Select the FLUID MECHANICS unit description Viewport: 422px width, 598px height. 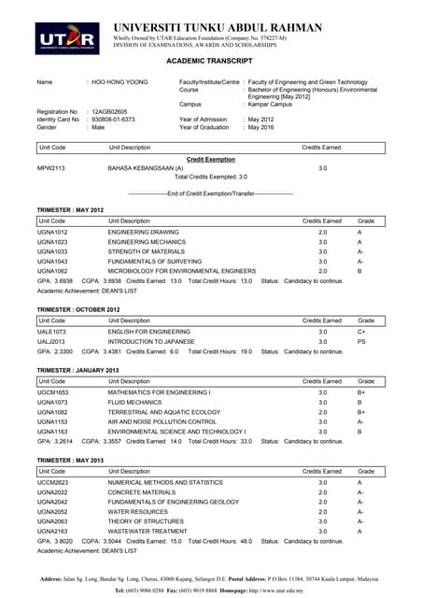[x=136, y=403]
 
